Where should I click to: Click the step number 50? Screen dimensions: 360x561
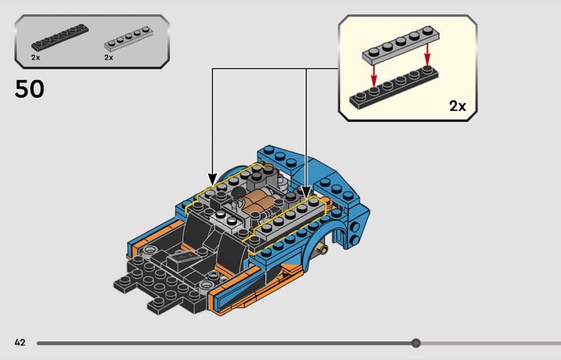click(29, 89)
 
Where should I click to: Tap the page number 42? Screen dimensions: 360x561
click(20, 342)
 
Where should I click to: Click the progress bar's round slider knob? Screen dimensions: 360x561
click(416, 343)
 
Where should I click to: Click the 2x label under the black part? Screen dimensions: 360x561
click(35, 58)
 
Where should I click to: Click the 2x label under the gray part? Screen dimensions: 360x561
click(109, 58)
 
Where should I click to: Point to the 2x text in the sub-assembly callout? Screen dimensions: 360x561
click(457, 106)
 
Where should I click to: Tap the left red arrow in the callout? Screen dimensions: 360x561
click(374, 72)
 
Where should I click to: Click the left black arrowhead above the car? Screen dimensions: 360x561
click(212, 179)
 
